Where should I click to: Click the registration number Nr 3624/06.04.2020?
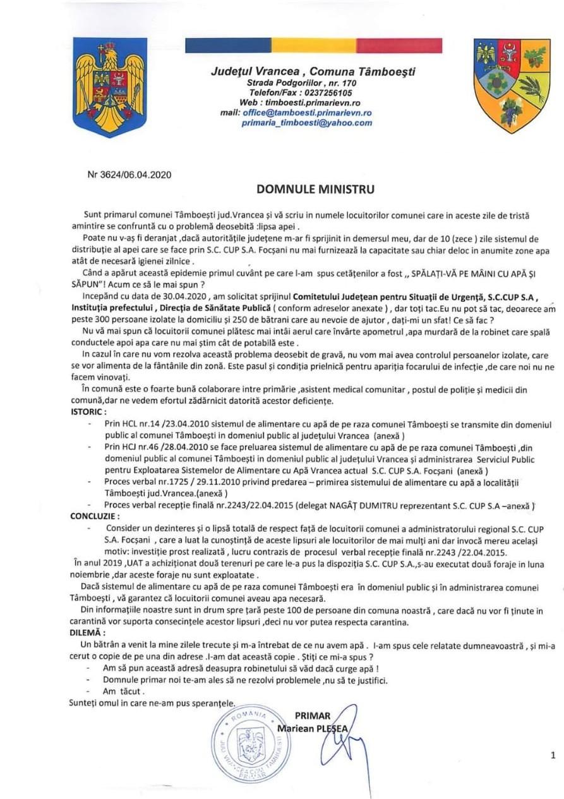pyautogui.click(x=129, y=175)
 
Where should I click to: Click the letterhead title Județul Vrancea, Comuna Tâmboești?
pyautogui.click(x=313, y=71)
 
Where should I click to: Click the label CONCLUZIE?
pyautogui.click(x=94, y=516)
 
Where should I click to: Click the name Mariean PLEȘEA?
pyautogui.click(x=313, y=728)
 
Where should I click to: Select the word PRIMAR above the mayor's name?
pyautogui.click(x=312, y=716)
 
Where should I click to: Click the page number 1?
pyautogui.click(x=553, y=755)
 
